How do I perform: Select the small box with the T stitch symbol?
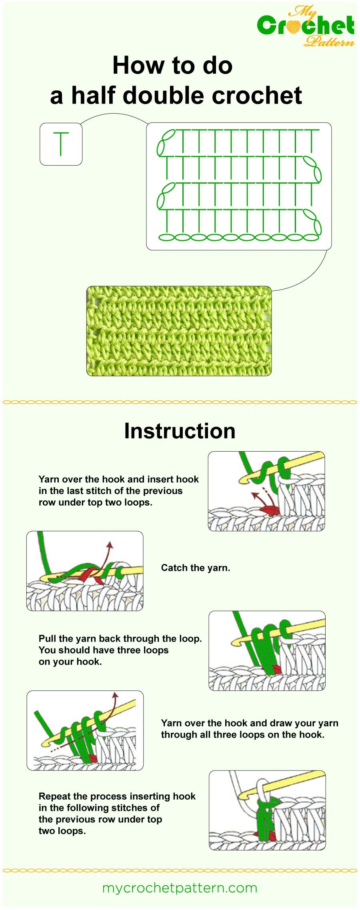click(61, 144)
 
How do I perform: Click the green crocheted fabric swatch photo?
click(179, 331)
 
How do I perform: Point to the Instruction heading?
click(180, 431)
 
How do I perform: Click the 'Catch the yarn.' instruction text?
click(195, 568)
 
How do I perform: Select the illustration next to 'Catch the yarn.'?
click(85, 571)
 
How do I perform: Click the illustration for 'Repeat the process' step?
click(267, 810)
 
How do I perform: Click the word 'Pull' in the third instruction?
click(47, 638)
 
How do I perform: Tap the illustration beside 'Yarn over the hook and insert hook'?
click(266, 491)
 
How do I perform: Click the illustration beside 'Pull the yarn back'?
click(267, 650)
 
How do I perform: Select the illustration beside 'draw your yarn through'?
click(85, 730)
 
